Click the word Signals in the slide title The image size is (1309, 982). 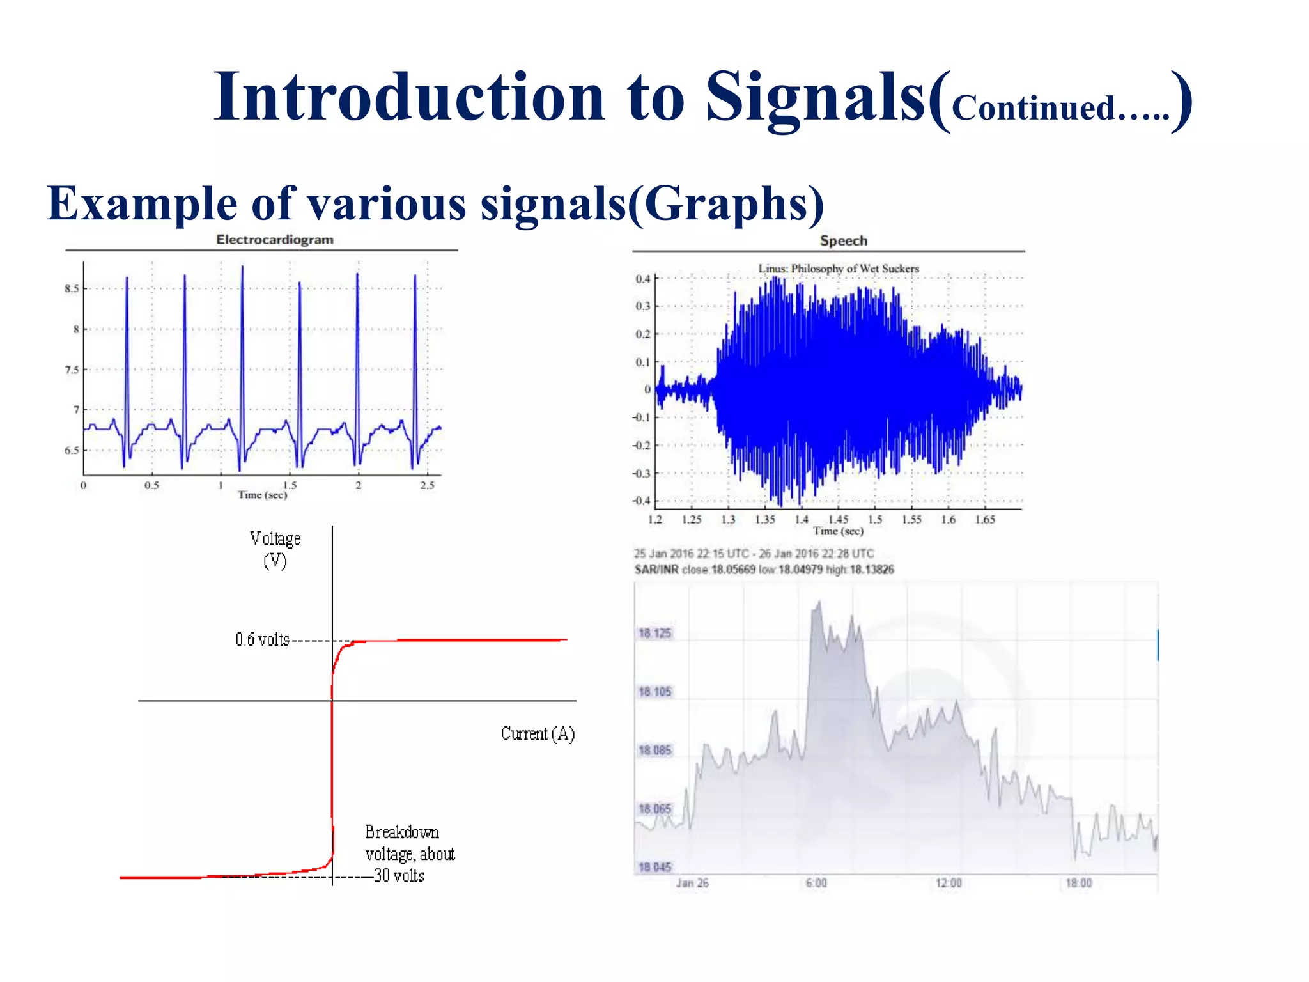816,97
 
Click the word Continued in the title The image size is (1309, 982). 1034,108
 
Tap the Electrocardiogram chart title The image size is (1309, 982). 274,240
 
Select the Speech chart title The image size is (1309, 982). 843,241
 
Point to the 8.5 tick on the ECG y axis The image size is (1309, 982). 72,288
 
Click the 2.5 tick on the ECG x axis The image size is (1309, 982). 427,485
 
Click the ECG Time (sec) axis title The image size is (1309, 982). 262,495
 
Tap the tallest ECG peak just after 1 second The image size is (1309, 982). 242,267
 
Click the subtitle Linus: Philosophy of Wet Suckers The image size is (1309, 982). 839,269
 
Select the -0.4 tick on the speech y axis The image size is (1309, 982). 641,501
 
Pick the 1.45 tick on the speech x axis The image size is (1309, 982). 838,519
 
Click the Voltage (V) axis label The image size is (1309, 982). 275,549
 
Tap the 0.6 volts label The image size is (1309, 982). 262,639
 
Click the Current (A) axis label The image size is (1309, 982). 538,733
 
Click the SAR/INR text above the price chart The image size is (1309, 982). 656,570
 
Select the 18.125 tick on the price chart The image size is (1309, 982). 654,633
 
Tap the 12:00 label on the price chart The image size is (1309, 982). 949,883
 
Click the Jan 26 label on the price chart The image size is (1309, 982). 692,883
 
